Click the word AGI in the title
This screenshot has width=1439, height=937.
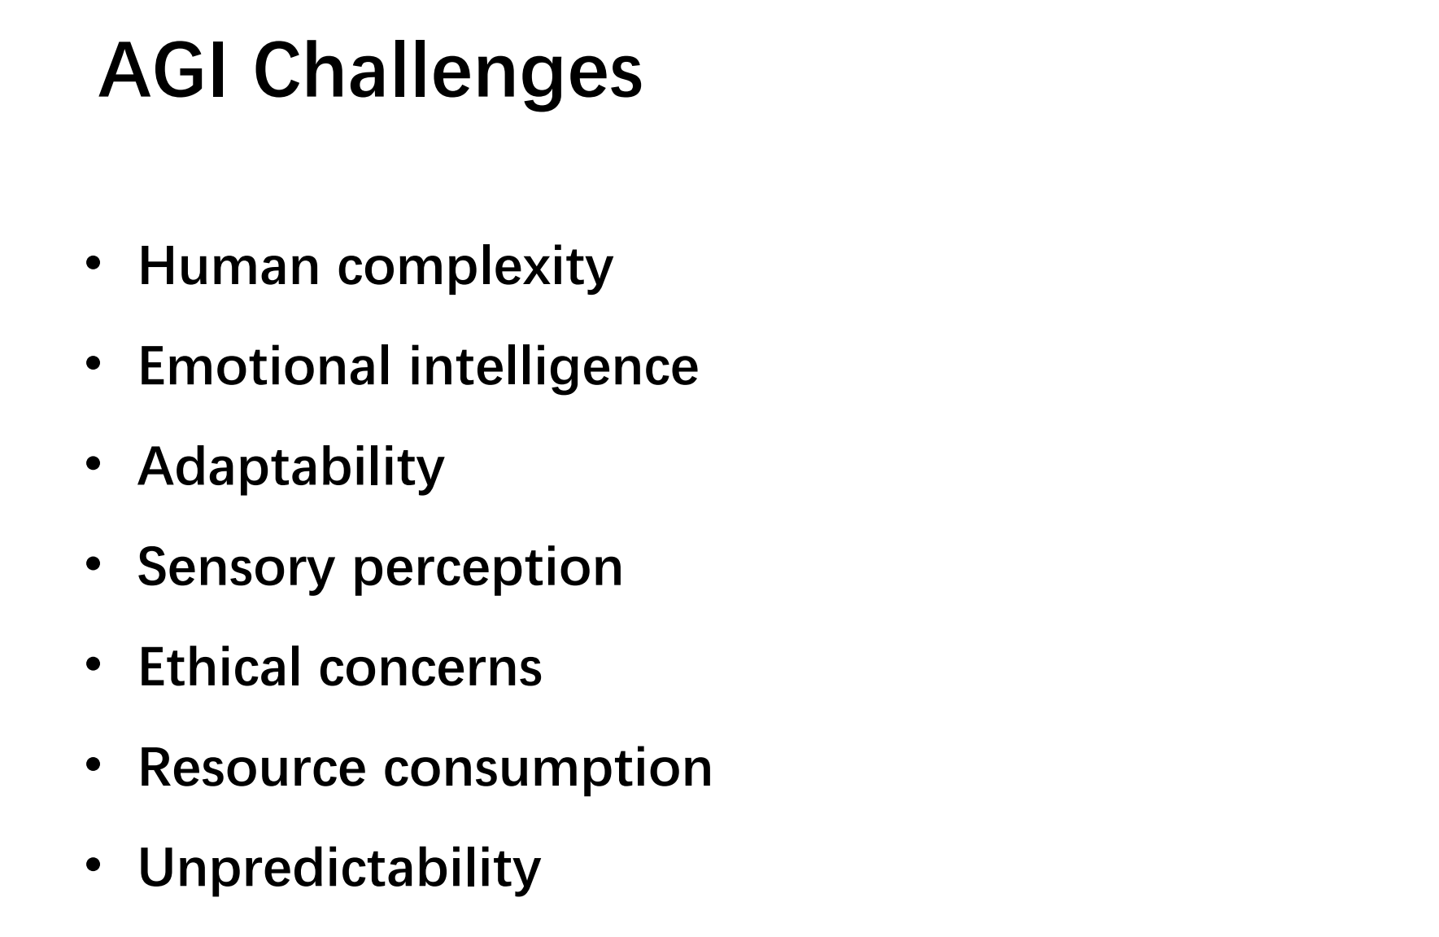pos(168,71)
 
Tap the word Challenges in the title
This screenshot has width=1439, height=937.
pos(448,73)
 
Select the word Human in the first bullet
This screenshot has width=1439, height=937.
pos(229,265)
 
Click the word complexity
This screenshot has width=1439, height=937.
pos(475,268)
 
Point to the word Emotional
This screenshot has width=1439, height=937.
pos(264,366)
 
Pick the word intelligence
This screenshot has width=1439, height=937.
pos(553,367)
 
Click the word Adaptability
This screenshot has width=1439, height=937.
pos(291,467)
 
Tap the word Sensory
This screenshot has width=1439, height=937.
pos(236,567)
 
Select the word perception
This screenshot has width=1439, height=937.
pos(487,569)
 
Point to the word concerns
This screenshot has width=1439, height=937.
pos(430,669)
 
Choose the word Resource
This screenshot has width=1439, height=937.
pos(252,768)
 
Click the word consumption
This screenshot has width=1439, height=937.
pos(547,769)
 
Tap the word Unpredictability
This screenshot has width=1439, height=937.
pos(339,868)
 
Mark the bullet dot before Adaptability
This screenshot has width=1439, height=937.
pos(94,464)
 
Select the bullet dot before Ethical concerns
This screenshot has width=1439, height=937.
pos(94,664)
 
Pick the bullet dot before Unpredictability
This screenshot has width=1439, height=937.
pos(94,865)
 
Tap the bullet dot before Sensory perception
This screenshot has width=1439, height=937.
pos(94,564)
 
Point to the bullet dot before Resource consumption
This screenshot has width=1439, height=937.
pos(94,764)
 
